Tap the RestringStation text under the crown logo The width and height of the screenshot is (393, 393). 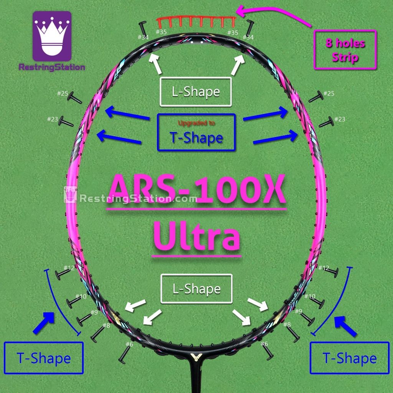[52, 67]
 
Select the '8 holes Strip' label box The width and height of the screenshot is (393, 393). [345, 50]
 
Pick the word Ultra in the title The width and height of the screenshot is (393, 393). [196, 238]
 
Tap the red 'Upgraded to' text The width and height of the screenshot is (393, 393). [196, 123]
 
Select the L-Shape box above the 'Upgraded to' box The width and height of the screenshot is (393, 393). [196, 92]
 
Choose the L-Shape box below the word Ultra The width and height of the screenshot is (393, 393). [196, 288]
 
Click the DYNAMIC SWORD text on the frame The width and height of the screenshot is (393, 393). [296, 296]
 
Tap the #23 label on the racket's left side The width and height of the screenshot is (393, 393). [53, 119]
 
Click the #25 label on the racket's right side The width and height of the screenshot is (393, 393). [329, 94]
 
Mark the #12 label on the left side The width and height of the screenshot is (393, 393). [69, 268]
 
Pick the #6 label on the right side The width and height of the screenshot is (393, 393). [264, 343]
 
